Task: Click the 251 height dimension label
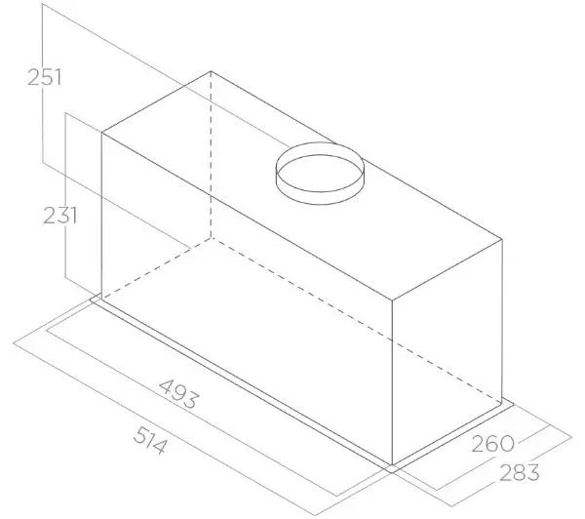[x=44, y=77]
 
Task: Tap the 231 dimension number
[x=60, y=216]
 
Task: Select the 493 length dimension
[x=179, y=394]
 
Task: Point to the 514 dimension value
[x=150, y=441]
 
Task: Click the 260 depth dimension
[x=493, y=444]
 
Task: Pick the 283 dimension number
[x=520, y=472]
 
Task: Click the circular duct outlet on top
[x=320, y=174]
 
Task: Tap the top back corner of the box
[x=211, y=71]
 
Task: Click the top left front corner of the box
[x=101, y=133]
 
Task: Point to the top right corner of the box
[x=502, y=239]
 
